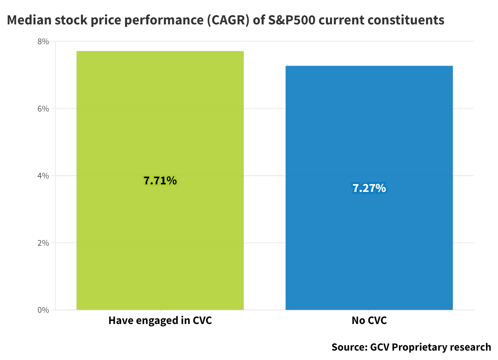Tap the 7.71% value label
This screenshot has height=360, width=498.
click(160, 181)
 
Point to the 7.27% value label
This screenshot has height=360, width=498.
click(369, 188)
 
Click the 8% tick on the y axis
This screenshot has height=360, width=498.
click(43, 41)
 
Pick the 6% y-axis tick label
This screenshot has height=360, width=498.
click(43, 109)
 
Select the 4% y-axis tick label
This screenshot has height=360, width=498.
click(43, 176)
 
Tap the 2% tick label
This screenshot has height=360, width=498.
click(43, 243)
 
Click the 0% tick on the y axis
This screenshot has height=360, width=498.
click(43, 310)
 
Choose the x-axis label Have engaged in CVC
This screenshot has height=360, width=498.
click(160, 321)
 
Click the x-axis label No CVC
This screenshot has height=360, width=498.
click(369, 321)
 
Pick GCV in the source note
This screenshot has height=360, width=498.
click(380, 347)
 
